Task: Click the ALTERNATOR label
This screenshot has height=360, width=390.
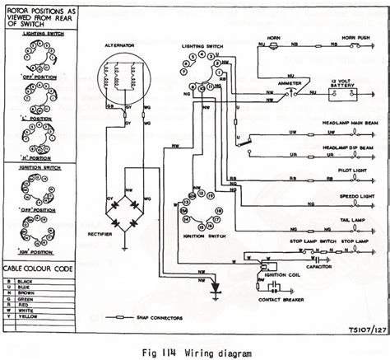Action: [x=120, y=48]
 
